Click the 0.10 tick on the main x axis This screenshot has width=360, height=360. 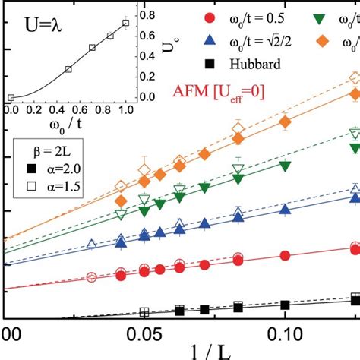click(x=284, y=334)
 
